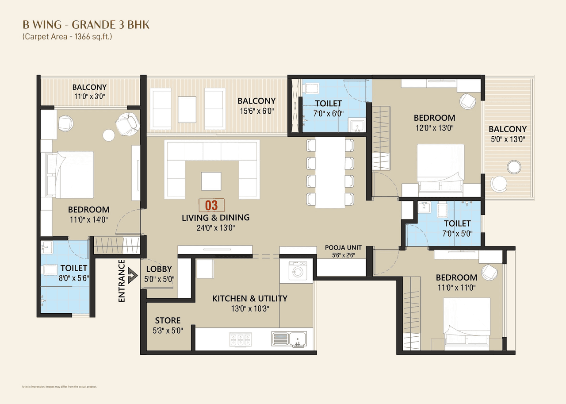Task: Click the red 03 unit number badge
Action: tap(212, 205)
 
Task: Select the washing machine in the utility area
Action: tap(297, 271)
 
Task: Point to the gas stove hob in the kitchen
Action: tap(241, 339)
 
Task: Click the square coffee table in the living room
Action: tap(212, 181)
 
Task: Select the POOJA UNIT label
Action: tap(343, 247)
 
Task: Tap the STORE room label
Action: tap(168, 320)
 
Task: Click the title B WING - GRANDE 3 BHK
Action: tap(86, 25)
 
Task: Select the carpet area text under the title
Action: tap(67, 37)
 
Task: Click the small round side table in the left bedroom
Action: tap(108, 135)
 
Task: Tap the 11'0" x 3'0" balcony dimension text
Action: tap(90, 96)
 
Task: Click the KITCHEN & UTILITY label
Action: tap(250, 298)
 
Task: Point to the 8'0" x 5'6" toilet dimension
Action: tap(74, 278)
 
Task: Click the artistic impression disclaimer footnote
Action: tap(59, 386)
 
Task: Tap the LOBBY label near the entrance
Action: tap(159, 269)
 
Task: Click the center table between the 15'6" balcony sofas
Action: tap(187, 109)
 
